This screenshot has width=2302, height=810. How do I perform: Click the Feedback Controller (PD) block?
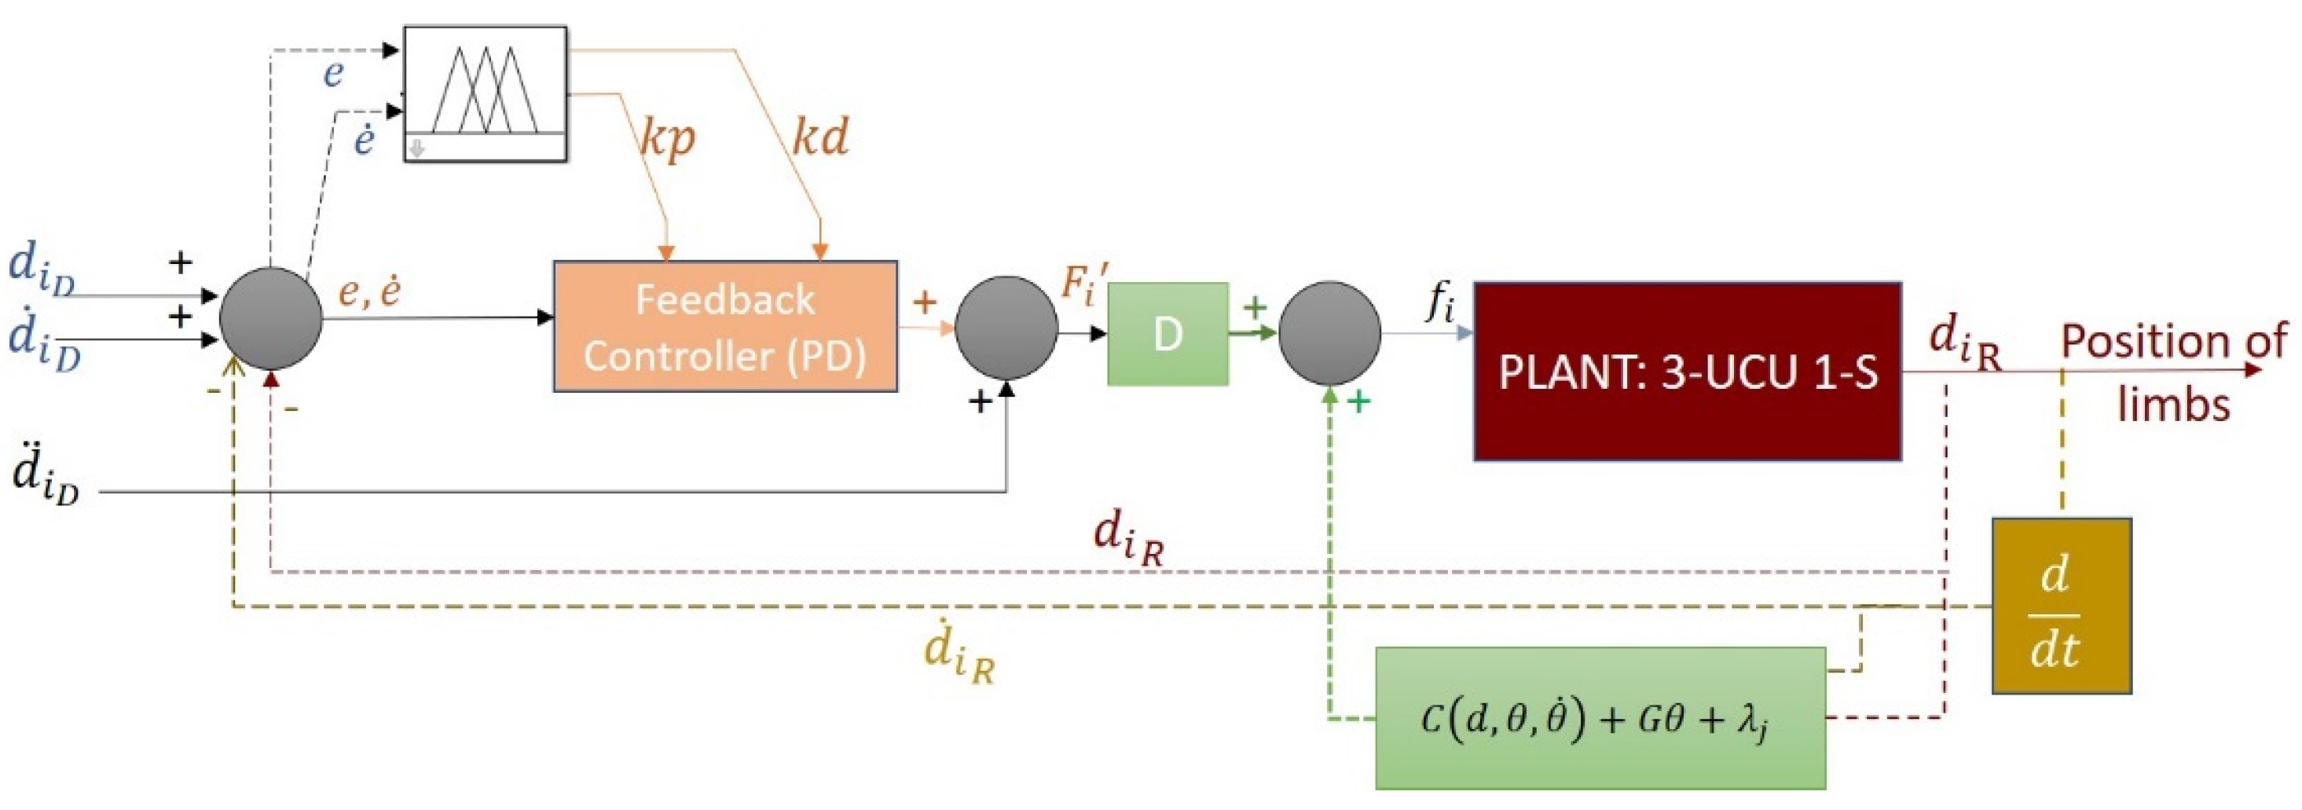tap(724, 326)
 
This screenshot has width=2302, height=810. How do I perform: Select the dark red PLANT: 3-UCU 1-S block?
tap(1687, 372)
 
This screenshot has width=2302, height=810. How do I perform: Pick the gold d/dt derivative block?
tap(2061, 607)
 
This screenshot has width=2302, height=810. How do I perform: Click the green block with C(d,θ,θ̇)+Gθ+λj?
tap(1600, 718)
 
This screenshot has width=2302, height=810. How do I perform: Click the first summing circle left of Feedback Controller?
tap(271, 318)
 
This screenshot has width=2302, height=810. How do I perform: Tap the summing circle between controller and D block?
tap(1006, 328)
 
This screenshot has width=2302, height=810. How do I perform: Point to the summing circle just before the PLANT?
tap(1329, 333)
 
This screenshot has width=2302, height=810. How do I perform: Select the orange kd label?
tap(820, 136)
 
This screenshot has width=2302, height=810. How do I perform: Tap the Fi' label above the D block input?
tap(1084, 284)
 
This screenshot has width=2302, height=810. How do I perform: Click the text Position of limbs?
tap(2173, 371)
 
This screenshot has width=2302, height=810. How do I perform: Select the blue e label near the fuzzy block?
tap(333, 73)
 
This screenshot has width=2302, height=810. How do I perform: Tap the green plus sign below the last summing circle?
tap(1358, 402)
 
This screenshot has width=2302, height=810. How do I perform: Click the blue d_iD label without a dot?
tap(41, 270)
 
